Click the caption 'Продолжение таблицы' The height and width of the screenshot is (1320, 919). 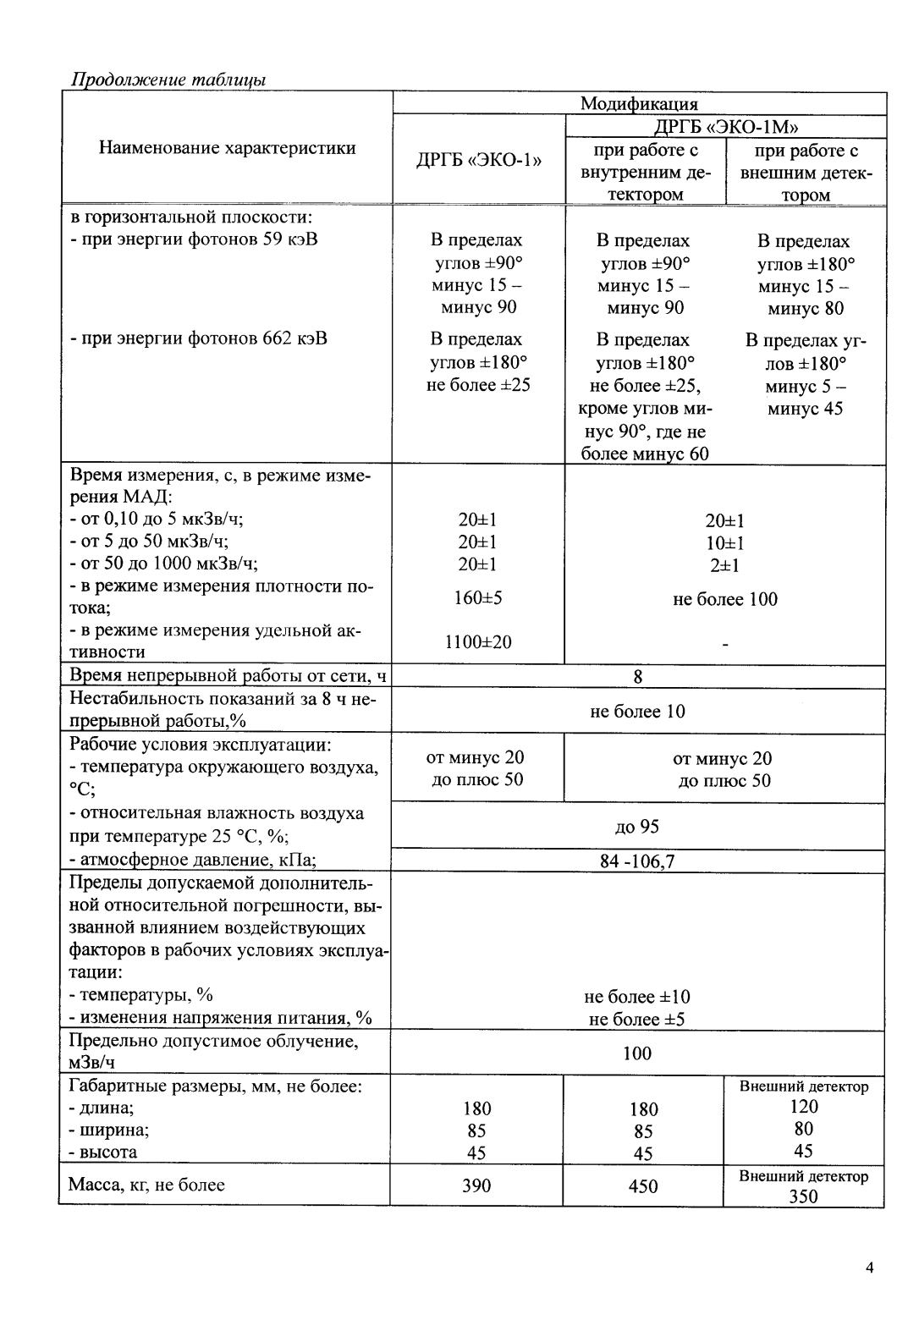coord(168,80)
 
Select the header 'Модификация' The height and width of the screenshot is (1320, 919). coord(639,104)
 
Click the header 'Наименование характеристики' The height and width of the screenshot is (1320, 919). coord(227,148)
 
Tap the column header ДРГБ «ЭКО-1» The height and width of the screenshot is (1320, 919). coord(478,161)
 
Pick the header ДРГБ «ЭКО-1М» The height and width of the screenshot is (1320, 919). coord(725,127)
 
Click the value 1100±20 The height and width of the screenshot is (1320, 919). coord(478,642)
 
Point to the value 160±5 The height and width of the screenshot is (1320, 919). coord(478,598)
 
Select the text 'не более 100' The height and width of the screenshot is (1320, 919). coord(724,600)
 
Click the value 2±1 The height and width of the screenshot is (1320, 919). coord(724,565)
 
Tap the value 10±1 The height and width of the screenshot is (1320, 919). coord(724,543)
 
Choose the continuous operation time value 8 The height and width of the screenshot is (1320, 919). coord(638,676)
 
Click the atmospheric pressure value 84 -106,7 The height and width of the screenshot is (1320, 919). coord(637,862)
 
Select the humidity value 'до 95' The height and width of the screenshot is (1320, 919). coord(637,827)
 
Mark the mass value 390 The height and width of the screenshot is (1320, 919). coord(476,1185)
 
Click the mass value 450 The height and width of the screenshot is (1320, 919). coord(643,1186)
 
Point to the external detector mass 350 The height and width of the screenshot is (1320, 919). coord(803,1196)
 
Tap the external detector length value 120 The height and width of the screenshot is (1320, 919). coord(803,1107)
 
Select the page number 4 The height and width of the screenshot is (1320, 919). coord(869,1268)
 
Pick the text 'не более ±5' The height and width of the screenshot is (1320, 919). coord(637,1019)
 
